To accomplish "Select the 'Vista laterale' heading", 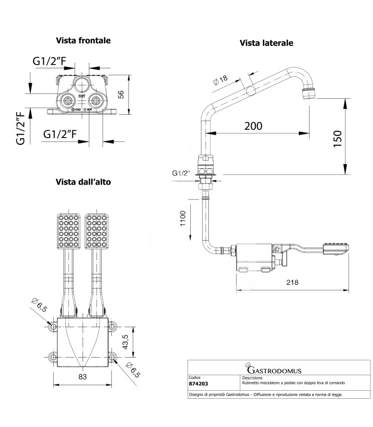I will coord(266,43).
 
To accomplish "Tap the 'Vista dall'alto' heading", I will coord(83,182).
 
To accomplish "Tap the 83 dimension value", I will coord(83,377).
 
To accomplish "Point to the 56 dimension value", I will coord(121,94).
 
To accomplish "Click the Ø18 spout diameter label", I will coord(220,80).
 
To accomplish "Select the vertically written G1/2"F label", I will coord(21,128).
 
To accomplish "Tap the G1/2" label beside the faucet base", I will coord(180,173).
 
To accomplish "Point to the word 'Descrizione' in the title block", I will coord(253,377).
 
